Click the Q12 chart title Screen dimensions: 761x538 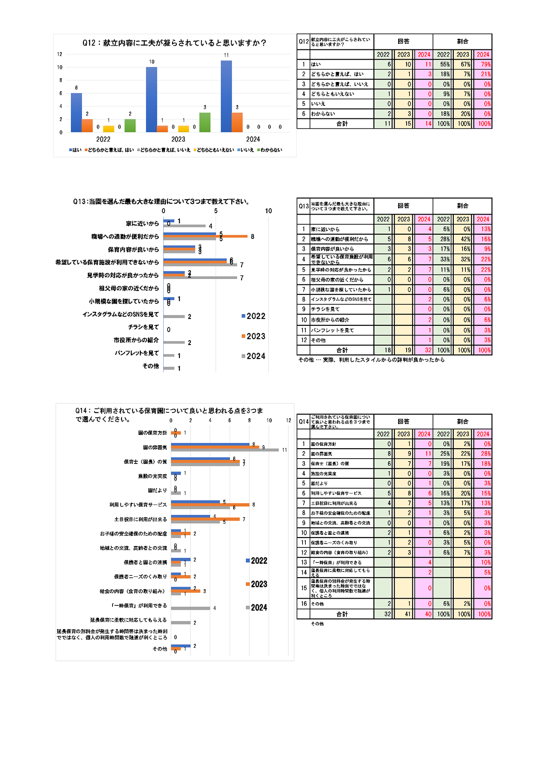(174, 43)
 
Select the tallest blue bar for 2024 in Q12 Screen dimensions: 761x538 (226, 96)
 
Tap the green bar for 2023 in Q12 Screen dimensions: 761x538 (205, 122)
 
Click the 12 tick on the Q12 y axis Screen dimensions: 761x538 (60, 54)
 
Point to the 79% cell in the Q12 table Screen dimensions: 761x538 (483, 65)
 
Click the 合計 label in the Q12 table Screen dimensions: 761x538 (342, 124)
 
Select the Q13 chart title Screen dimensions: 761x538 (161, 202)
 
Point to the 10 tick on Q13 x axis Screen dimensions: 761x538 (268, 211)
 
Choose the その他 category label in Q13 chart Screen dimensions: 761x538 (151, 366)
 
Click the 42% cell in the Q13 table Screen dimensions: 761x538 (463, 239)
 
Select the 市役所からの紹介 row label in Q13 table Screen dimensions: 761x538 (330, 320)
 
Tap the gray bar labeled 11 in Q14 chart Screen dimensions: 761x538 (225, 450)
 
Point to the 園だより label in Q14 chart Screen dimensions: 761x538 (158, 490)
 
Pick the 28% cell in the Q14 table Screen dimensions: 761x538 (483, 454)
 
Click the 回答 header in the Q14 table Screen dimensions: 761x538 (403, 421)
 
